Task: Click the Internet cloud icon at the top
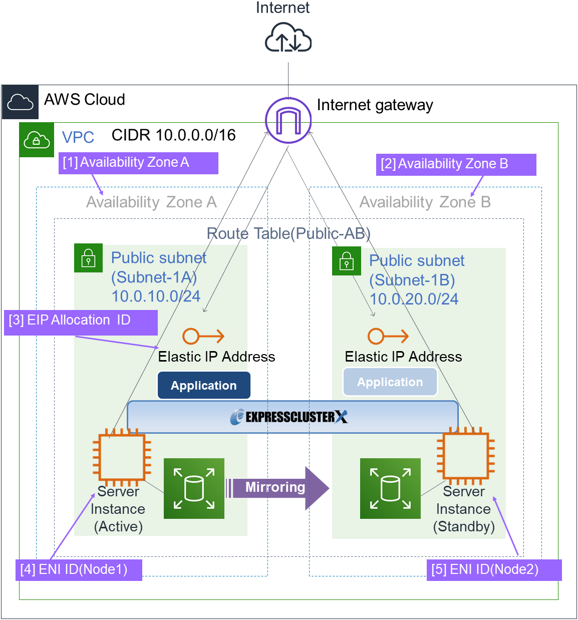tap(288, 38)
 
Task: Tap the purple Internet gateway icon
tap(288, 121)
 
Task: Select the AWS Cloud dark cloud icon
tap(21, 102)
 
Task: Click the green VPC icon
tap(37, 140)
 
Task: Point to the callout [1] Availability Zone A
tap(138, 163)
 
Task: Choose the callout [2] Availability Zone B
tap(456, 164)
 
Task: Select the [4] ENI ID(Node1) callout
tap(79, 570)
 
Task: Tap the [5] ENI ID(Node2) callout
tap(494, 570)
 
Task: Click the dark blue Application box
tap(204, 385)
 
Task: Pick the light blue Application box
tap(390, 382)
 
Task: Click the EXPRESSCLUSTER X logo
tap(289, 417)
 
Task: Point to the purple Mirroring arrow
tap(277, 488)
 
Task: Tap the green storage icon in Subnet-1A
tap(194, 488)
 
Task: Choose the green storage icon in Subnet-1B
tap(390, 488)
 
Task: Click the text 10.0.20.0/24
tap(414, 299)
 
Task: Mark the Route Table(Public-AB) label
tap(288, 233)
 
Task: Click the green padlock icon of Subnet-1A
tap(89, 258)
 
